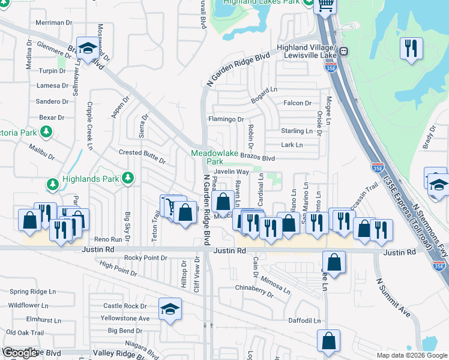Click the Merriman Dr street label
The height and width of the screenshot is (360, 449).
[53, 22]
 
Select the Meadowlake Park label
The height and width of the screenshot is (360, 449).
[206, 157]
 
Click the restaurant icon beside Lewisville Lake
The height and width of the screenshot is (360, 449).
[411, 47]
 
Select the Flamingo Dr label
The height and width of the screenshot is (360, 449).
[226, 119]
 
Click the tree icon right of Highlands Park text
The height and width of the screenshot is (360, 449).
[127, 178]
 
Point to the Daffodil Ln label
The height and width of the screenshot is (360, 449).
[304, 321]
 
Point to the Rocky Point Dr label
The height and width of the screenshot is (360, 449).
[145, 258]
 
